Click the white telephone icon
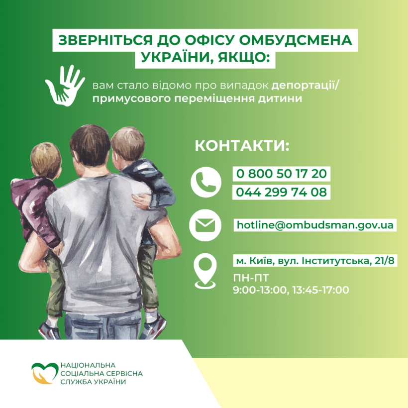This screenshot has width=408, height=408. (x=206, y=182)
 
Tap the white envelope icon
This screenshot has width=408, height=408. (x=205, y=225)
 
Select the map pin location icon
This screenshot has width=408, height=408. (x=205, y=271)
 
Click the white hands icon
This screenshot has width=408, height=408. (x=65, y=86)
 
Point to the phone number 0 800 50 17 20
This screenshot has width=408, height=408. (x=281, y=174)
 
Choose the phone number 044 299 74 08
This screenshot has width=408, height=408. (x=281, y=192)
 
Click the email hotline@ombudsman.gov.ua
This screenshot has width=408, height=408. (x=315, y=225)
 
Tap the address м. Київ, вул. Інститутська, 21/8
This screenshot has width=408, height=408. (x=315, y=260)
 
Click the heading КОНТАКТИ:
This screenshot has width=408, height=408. (x=242, y=145)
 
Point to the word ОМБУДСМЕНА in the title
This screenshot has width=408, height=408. (x=296, y=40)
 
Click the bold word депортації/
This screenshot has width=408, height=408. (x=306, y=86)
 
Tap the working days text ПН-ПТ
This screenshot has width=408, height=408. (x=251, y=278)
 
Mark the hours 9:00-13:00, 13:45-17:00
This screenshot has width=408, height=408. (x=291, y=290)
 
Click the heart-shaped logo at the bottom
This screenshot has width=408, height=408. (x=45, y=373)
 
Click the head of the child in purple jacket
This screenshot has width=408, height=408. (x=46, y=160)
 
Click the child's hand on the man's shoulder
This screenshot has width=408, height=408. (x=141, y=200)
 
